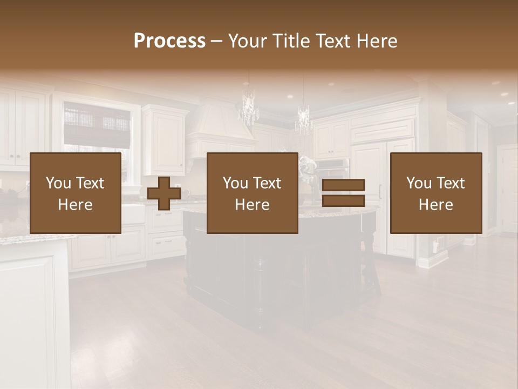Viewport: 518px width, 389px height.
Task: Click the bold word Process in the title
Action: pyautogui.click(x=169, y=41)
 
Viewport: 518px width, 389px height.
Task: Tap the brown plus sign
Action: pyautogui.click(x=164, y=193)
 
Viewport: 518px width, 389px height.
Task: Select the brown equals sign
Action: pyautogui.click(x=343, y=193)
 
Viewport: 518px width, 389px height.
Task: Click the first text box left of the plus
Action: pyautogui.click(x=75, y=193)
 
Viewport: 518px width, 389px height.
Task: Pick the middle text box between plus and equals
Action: pyautogui.click(x=252, y=193)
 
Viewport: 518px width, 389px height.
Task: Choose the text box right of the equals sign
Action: pyautogui.click(x=435, y=193)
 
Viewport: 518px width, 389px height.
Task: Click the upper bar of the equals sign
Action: pyautogui.click(x=343, y=185)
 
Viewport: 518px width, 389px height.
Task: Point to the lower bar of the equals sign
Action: pyautogui.click(x=343, y=201)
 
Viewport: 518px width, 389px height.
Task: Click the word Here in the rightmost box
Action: pyautogui.click(x=435, y=205)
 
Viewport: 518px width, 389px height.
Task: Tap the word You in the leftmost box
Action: pyautogui.click(x=58, y=183)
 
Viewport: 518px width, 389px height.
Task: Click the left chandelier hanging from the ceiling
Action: pyautogui.click(x=248, y=108)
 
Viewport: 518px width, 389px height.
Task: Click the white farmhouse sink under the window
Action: pyautogui.click(x=133, y=213)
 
